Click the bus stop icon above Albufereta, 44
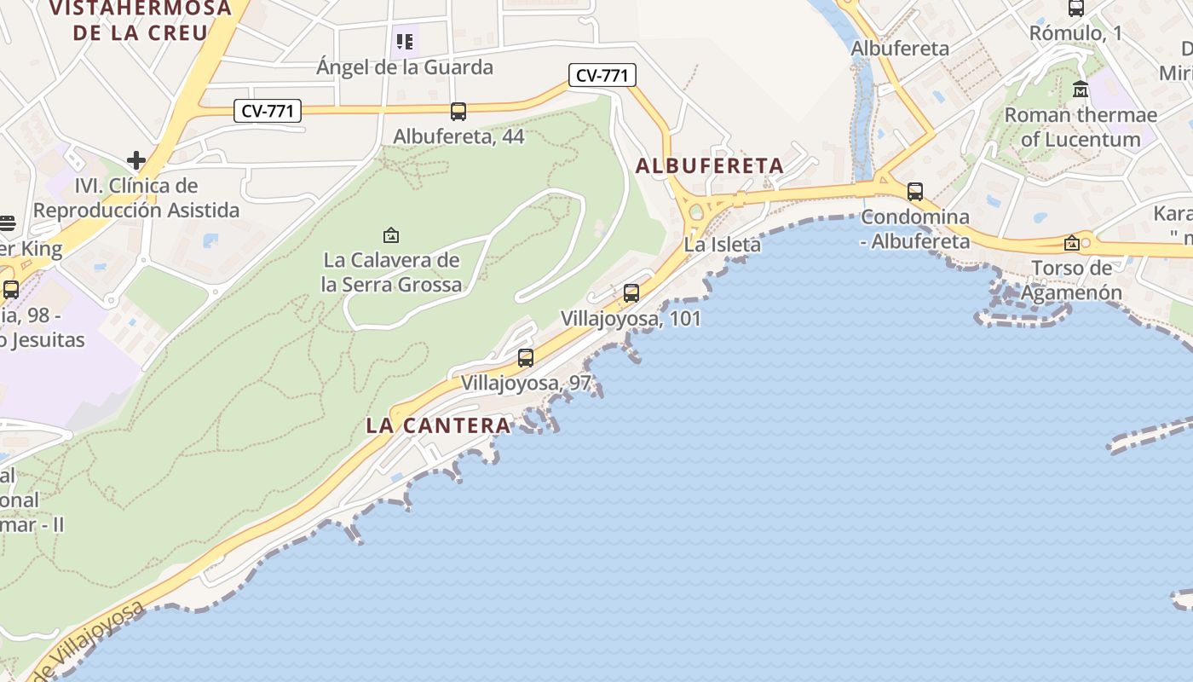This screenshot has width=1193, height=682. click(458, 111)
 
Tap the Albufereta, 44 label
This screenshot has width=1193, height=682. click(458, 136)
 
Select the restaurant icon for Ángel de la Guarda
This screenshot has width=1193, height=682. click(405, 41)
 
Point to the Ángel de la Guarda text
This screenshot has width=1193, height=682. click(405, 66)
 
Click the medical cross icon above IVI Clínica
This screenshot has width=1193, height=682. click(136, 159)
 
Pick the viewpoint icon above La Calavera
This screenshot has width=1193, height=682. click(391, 234)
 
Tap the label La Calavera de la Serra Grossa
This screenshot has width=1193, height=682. click(391, 272)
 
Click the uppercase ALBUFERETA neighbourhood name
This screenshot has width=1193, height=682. click(710, 166)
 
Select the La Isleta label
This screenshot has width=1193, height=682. click(723, 245)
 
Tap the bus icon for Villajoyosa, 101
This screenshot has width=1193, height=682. click(631, 293)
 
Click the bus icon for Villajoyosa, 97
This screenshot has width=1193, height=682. click(526, 358)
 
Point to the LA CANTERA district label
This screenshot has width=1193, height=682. click(439, 425)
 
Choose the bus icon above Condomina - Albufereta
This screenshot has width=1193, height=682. click(915, 192)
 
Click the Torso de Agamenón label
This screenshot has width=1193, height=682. click(1071, 280)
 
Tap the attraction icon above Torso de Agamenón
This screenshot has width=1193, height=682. click(1072, 244)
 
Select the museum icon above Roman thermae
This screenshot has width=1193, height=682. click(1081, 89)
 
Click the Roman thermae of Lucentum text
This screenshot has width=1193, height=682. click(1081, 127)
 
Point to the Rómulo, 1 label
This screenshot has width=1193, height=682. click(1076, 34)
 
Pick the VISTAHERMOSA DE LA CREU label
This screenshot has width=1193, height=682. click(141, 21)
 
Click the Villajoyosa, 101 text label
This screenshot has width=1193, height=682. click(631, 319)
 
